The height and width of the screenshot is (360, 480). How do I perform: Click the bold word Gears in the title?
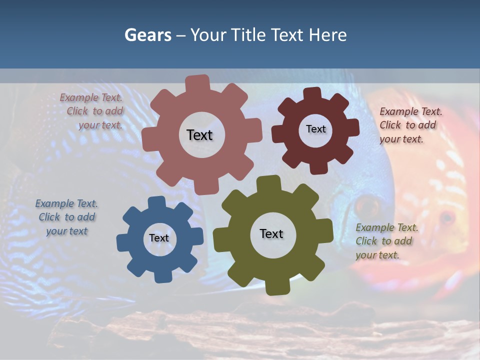click(x=147, y=35)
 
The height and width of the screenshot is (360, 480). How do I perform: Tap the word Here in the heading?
click(x=327, y=35)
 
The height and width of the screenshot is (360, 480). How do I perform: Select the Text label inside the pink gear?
click(x=199, y=135)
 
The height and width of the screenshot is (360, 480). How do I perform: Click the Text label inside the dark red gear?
click(x=315, y=129)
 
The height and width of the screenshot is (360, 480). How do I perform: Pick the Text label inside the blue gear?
click(x=159, y=238)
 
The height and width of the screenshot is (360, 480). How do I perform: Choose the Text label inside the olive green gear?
click(x=271, y=233)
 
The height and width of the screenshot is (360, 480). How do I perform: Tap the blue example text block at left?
click(x=66, y=217)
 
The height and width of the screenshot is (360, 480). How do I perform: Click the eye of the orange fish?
click(x=446, y=217)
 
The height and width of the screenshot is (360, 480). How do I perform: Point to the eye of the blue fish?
click(x=367, y=205)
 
